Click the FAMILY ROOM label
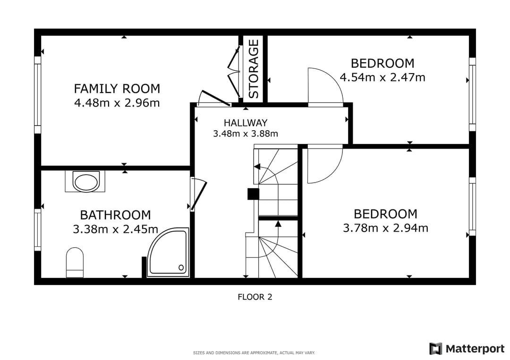[x=117, y=88]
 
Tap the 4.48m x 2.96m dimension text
[x=117, y=103]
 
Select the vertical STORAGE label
[x=254, y=69]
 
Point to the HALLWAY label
[x=246, y=123]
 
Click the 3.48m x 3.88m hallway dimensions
[x=246, y=134]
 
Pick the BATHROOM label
[x=116, y=215]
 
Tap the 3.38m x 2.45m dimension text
[x=116, y=229]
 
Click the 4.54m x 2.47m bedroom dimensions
[x=382, y=77]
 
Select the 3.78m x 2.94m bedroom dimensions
[x=385, y=228]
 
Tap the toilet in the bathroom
[x=75, y=263]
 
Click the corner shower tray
[x=168, y=252]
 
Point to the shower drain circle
[x=181, y=268]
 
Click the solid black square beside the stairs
[x=254, y=194]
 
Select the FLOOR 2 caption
[x=255, y=297]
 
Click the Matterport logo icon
[x=436, y=349]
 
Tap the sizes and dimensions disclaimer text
[x=254, y=353]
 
